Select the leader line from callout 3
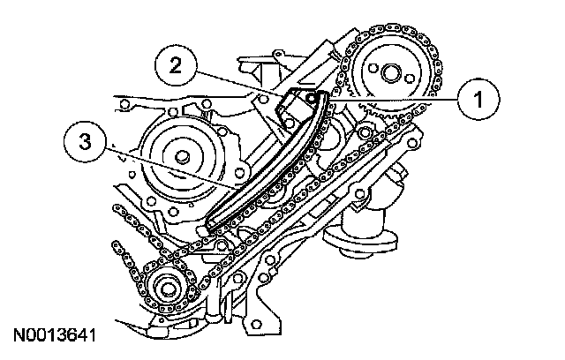pyautogui.click(x=168, y=168)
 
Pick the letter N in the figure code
pyautogui.click(x=19, y=336)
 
